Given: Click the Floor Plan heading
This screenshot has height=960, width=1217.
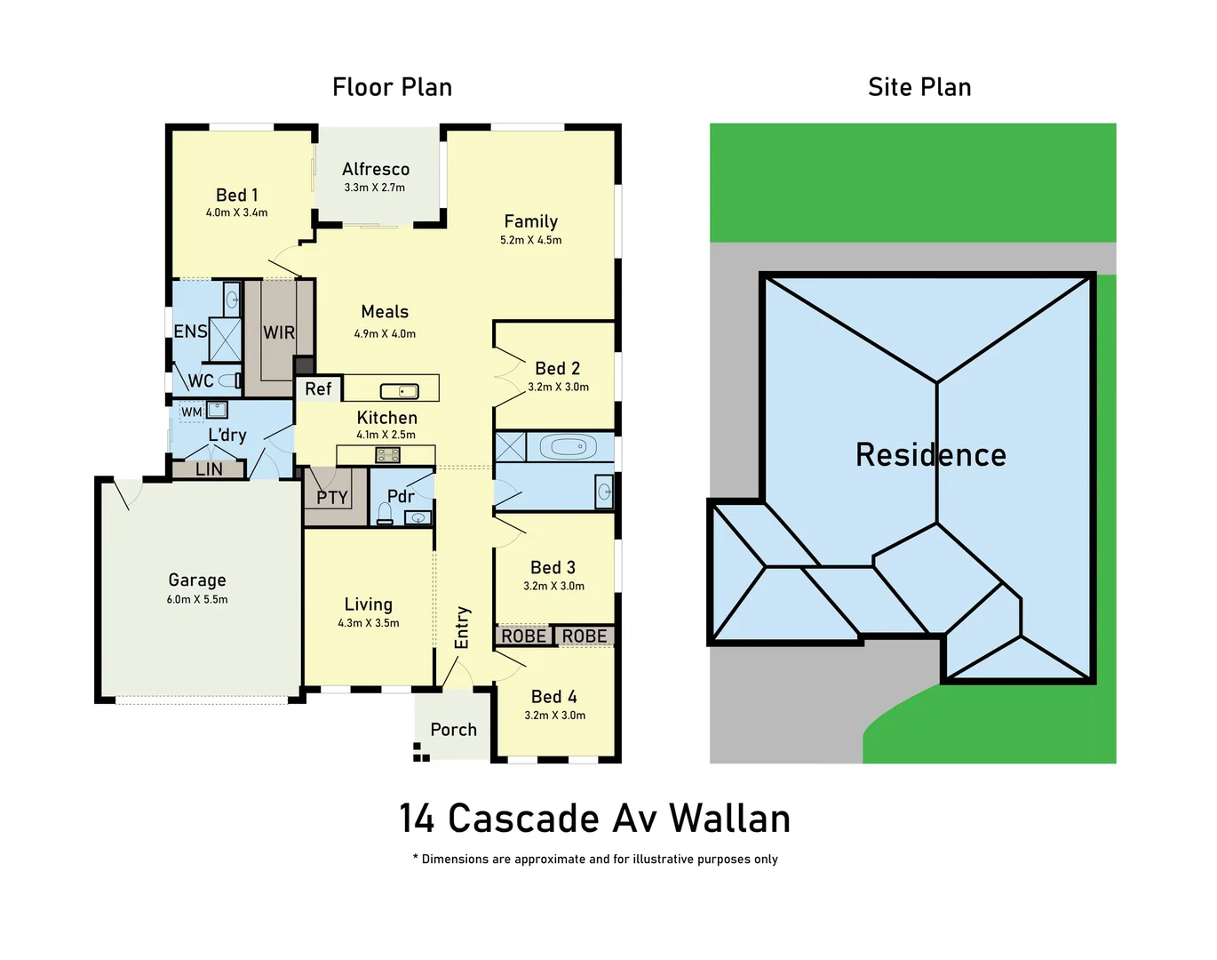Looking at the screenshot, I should coord(392,87).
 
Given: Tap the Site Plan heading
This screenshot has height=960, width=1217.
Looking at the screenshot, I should coord(919,87).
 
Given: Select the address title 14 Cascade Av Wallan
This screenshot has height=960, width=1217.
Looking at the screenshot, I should coord(594,819).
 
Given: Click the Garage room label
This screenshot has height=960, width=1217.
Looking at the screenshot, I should coord(197,580).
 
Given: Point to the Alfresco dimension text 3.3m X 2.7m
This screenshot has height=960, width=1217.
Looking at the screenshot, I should coord(375,188).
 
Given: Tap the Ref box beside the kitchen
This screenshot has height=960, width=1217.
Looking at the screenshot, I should coord(318,388).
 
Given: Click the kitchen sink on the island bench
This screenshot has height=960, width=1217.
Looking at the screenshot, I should coord(399,391).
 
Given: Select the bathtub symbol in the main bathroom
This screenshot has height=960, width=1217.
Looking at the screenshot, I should coord(569,446).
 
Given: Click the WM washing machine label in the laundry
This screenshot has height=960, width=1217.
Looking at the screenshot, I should coord(191,412).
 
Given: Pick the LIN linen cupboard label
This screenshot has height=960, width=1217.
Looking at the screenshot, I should coord(209,469).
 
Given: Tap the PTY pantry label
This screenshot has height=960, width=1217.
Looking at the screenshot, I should coord(332,498).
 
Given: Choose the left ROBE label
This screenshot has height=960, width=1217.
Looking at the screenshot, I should coord(523,636).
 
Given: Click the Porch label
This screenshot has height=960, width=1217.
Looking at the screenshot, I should coord(453,730).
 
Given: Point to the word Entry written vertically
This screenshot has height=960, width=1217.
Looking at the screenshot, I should coord(462,628).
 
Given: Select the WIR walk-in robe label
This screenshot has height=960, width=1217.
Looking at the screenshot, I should coord(279,332).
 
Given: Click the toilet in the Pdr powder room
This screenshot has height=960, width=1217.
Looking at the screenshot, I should coord(385,513).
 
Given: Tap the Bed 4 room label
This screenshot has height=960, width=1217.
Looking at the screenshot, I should coord(554,697).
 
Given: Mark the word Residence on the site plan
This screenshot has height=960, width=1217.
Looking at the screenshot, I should coord(931,455).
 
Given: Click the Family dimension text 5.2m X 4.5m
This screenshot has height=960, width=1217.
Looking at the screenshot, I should coord(531,240).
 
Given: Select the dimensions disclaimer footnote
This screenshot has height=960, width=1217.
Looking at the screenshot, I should coord(595,859).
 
